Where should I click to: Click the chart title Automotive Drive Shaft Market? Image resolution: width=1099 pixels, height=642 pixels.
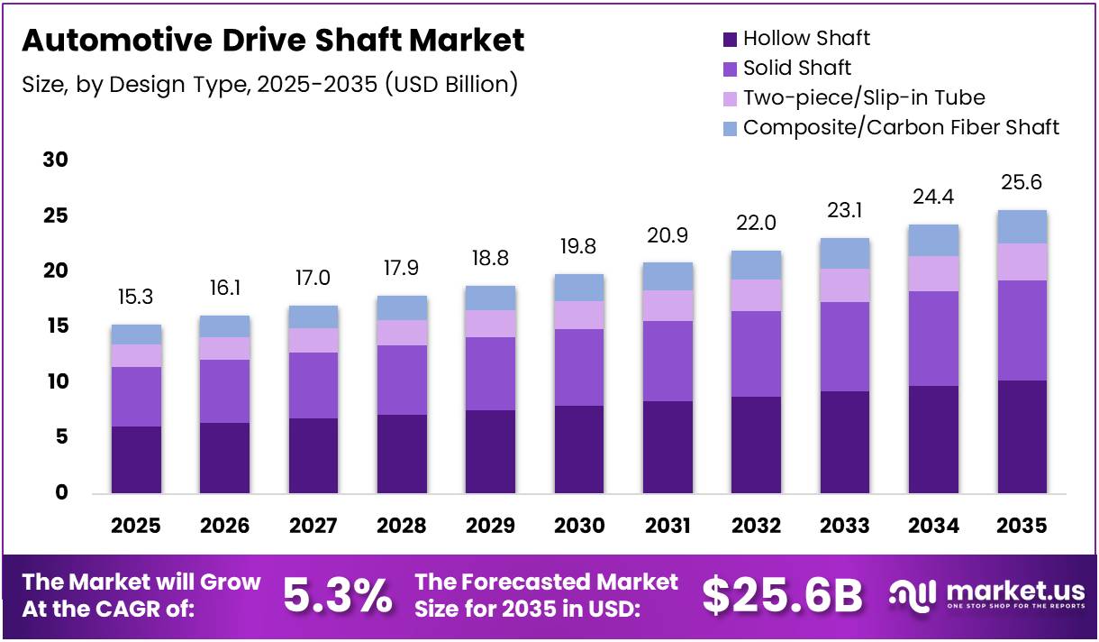point(272,41)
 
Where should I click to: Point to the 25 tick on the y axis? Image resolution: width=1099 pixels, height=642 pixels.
point(56,216)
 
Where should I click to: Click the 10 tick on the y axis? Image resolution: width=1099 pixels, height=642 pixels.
point(56,382)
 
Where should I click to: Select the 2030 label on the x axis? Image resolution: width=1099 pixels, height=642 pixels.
point(579,526)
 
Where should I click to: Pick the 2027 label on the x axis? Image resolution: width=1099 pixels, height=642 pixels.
point(313,526)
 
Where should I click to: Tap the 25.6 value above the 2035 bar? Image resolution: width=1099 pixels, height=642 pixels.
point(1022,183)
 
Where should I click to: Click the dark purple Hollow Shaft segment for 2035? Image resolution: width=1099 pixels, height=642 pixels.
point(1022,436)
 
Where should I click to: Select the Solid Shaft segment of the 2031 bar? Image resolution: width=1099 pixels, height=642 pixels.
point(668,361)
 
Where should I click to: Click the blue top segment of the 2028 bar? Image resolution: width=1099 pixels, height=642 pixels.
point(402,307)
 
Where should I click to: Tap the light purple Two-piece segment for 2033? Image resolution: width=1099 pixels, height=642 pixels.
point(845,285)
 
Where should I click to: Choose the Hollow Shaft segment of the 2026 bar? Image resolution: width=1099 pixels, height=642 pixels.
point(224,457)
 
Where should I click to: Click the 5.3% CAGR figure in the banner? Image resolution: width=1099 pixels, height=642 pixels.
point(338,595)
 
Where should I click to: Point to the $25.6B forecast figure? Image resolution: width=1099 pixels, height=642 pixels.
point(782,595)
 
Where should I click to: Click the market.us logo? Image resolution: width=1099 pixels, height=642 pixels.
point(988,595)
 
